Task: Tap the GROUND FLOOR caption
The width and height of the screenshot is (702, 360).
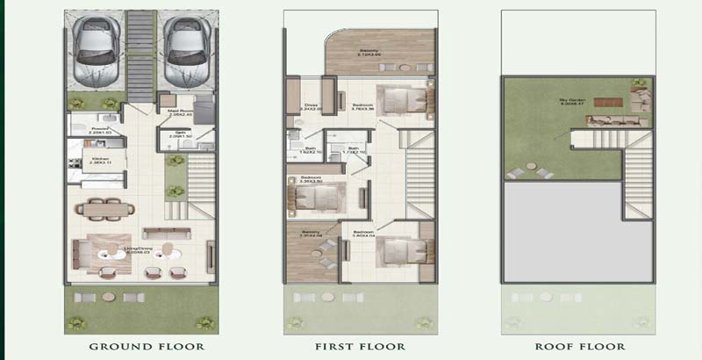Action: [x=147, y=347]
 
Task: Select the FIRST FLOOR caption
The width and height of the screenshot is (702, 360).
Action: [x=360, y=347]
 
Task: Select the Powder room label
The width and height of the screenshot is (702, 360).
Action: [x=98, y=130]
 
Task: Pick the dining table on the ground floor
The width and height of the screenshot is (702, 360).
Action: [x=105, y=209]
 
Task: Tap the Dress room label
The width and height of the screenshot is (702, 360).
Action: [x=312, y=107]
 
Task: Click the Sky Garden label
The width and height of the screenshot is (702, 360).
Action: [x=573, y=102]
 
